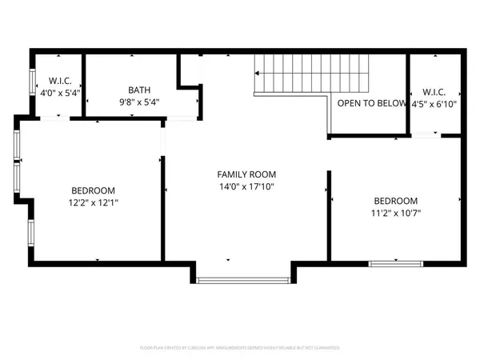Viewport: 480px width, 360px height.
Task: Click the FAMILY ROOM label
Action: coord(246,174)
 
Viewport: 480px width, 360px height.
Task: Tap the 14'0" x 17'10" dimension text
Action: coord(246,186)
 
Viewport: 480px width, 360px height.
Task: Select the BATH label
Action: coord(139,90)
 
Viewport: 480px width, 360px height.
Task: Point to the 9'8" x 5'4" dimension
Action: coord(139,103)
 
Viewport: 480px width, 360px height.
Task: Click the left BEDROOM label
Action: coord(93,190)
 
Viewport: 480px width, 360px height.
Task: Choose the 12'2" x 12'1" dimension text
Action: coord(93,202)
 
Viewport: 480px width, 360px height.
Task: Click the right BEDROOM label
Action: coord(395,200)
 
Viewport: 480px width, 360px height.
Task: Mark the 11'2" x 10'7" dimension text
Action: coord(395,213)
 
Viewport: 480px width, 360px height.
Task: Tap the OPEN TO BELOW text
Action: coord(371,104)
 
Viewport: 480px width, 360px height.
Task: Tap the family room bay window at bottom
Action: coord(243,279)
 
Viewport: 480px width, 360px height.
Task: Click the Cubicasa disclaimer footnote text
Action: coord(240,348)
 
